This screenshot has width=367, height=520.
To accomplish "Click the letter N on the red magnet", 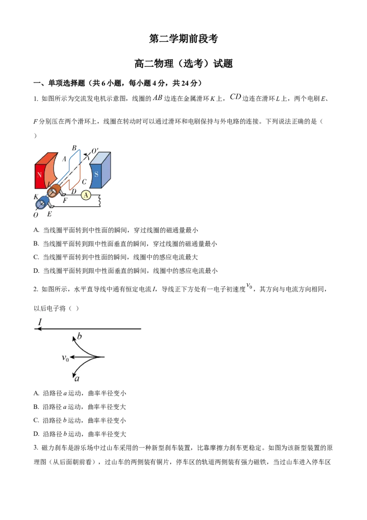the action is (39, 175).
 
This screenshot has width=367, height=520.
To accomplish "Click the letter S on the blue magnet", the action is (96, 175).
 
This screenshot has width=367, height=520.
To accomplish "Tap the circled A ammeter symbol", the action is (86, 195).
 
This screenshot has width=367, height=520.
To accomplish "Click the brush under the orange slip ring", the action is (62, 195).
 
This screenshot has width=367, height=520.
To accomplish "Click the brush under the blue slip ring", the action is (51, 207).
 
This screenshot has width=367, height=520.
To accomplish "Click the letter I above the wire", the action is (39, 322).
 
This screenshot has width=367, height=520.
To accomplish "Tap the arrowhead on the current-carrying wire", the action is (37, 329).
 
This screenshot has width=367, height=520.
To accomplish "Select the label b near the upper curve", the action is (79, 337).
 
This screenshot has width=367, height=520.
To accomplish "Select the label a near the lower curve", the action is (77, 379).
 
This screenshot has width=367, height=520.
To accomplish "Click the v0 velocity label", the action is (65, 357).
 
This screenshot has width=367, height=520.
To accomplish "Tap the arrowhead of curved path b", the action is (73, 339).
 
